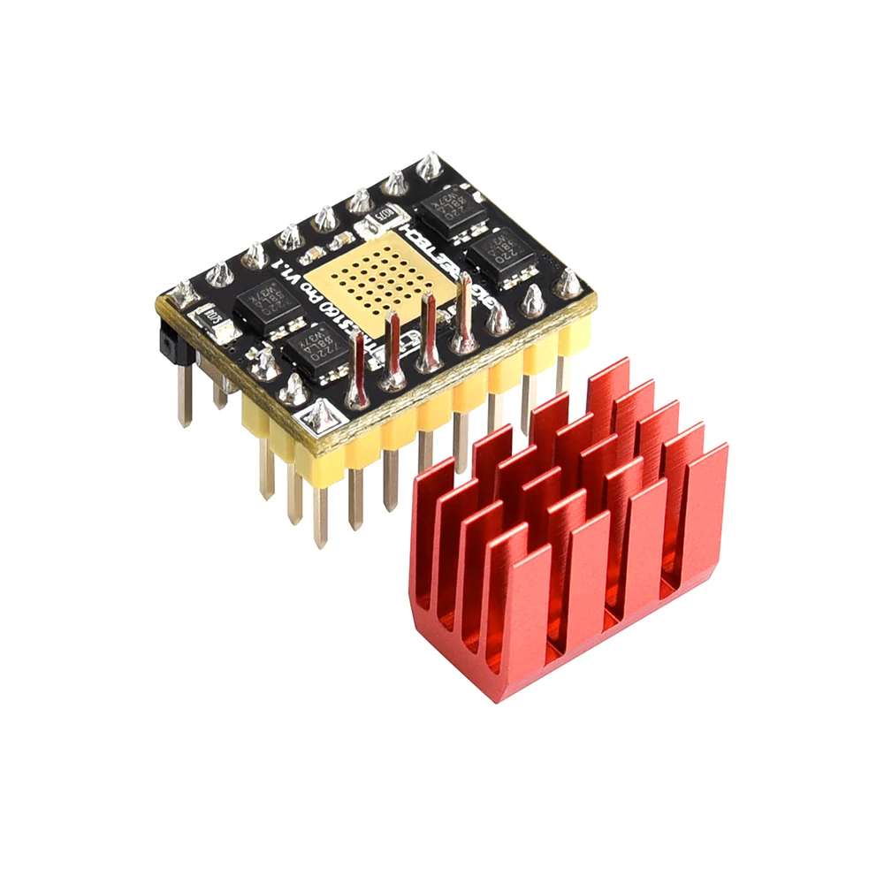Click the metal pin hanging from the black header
[x=184, y=393]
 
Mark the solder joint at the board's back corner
[x=429, y=165]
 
